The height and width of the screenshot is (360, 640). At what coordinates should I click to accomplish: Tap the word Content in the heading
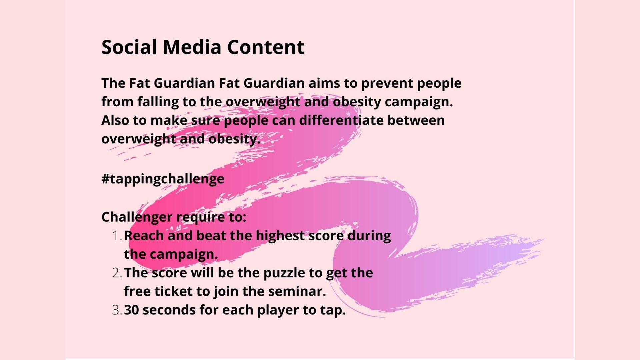tap(266, 47)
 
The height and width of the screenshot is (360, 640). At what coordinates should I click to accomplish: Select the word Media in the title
tap(192, 47)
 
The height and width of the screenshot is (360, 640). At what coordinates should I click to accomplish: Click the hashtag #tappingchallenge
tap(163, 179)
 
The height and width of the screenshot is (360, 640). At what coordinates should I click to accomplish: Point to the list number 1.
tap(117, 236)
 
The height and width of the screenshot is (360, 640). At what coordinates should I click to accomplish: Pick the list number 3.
tap(117, 310)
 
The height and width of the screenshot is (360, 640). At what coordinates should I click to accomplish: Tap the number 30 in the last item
tap(131, 310)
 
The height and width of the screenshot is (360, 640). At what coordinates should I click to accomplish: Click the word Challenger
tap(137, 217)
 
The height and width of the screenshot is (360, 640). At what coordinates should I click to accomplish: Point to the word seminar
tap(297, 292)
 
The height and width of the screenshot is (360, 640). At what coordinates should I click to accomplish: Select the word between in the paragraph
tap(416, 120)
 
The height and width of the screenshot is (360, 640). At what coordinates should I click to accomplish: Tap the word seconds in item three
tap(169, 310)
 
